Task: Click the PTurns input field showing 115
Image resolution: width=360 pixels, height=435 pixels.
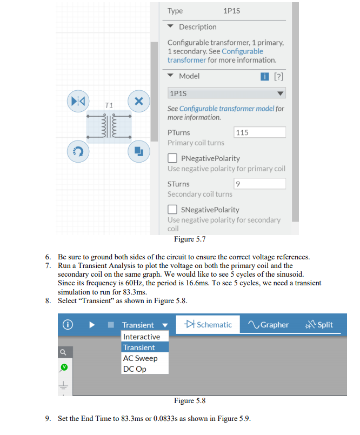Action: tap(259, 132)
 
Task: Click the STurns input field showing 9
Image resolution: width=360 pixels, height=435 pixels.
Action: tap(259, 184)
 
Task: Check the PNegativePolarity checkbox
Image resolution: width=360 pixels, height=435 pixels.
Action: tap(172, 158)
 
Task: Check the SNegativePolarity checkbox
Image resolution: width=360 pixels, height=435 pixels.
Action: tap(172, 210)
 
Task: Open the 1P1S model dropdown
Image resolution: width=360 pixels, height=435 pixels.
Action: tap(226, 93)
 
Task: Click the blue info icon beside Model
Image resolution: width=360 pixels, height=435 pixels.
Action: tap(264, 76)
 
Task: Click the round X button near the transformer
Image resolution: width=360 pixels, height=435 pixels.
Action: tap(138, 101)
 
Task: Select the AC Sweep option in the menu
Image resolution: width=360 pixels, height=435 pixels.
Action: tap(140, 358)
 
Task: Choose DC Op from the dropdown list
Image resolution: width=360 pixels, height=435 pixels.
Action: tap(135, 369)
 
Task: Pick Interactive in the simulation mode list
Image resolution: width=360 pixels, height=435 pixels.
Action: tap(142, 337)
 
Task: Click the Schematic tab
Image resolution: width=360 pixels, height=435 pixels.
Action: tap(208, 325)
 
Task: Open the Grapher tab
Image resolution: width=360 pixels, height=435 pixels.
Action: tap(269, 325)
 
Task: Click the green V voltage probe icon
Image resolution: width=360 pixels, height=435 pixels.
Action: tap(64, 367)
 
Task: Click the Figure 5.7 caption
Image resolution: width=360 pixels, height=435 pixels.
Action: tap(189, 239)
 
